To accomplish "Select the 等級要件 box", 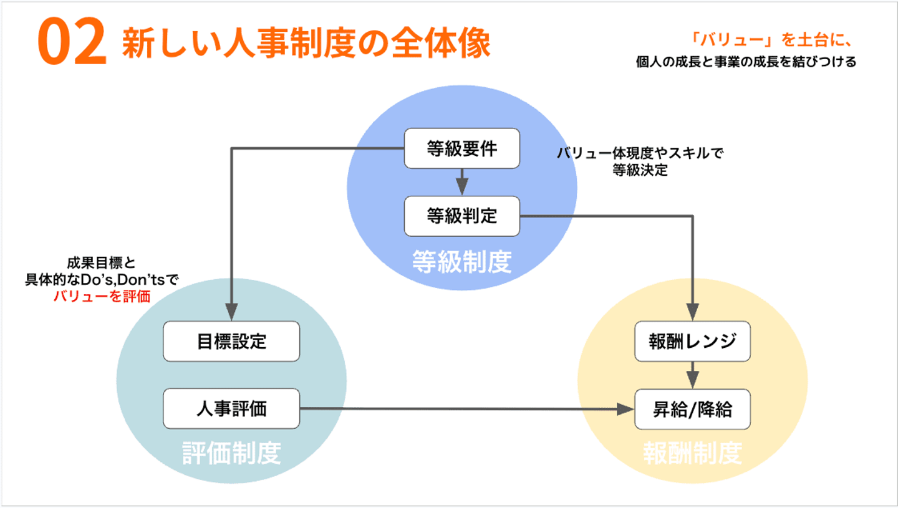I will pos(461,148).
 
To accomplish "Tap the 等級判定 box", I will pos(461,216).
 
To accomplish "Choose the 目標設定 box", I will pos(231,342).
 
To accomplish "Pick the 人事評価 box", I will pos(231,409).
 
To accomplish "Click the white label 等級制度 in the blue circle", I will pos(461,262).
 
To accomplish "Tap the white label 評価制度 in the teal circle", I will pos(231,454).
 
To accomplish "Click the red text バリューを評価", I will pos(102,297).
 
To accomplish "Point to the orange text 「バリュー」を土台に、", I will pos(771,41).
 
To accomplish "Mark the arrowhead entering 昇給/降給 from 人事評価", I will pos(625,410).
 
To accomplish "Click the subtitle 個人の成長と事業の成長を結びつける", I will pos(746,63).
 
